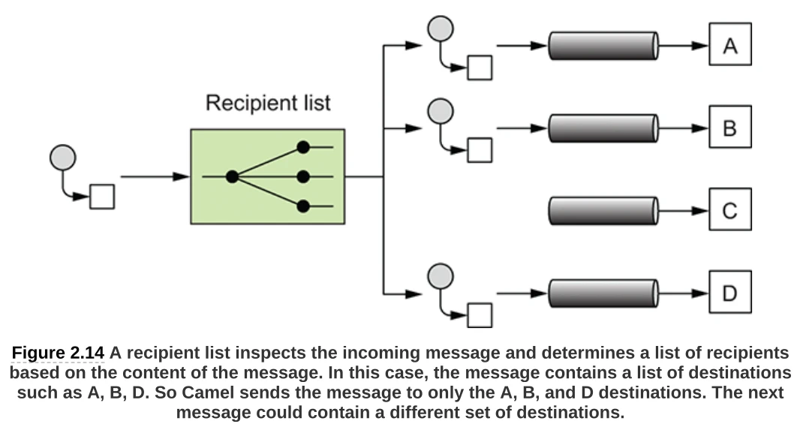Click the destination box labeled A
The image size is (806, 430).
pos(729,45)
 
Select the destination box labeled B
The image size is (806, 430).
pos(729,128)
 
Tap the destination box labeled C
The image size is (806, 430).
pos(729,210)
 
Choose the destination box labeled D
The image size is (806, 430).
pos(729,293)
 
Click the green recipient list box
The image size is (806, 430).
pos(267,176)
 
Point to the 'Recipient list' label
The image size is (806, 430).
pos(268,103)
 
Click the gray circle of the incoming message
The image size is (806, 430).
pos(62,158)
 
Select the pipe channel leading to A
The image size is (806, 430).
pos(603,45)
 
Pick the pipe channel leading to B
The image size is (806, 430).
pos(603,128)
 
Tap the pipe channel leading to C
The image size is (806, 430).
pos(603,210)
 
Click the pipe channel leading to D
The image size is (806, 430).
pos(603,293)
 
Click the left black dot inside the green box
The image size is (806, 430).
pos(232,177)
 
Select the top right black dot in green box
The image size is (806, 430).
pos(303,148)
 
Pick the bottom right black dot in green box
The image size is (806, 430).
pos(303,206)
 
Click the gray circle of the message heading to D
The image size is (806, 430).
pos(440,275)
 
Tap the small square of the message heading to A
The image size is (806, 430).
pos(480,68)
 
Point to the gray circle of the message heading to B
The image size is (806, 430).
pos(440,111)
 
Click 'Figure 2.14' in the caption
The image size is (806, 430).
pos(58,353)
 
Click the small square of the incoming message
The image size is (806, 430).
pos(102,197)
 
